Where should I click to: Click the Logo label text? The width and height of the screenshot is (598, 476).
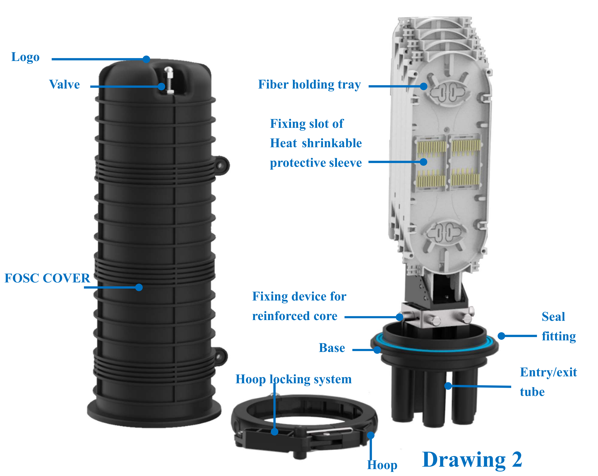pos(25,57)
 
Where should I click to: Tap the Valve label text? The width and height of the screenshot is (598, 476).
pos(64,84)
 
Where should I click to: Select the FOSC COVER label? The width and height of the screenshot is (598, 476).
pos(47,278)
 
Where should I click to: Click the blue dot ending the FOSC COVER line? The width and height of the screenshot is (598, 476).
pos(139,287)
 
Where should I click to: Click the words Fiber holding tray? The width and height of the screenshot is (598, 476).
pos(309,84)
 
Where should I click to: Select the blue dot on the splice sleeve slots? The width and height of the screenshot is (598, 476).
pos(423,162)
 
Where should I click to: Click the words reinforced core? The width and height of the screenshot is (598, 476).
pos(295,316)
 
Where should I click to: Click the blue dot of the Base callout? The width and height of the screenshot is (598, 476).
pos(377,350)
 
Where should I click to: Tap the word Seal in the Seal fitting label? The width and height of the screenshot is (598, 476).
pos(553,317)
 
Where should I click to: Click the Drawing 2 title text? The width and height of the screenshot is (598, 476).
pos(472,460)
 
